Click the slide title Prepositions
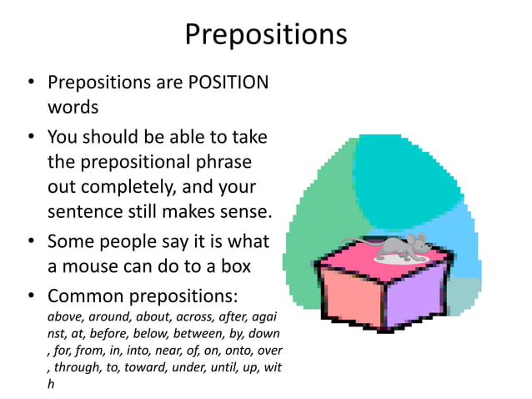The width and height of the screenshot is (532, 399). tap(265, 34)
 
